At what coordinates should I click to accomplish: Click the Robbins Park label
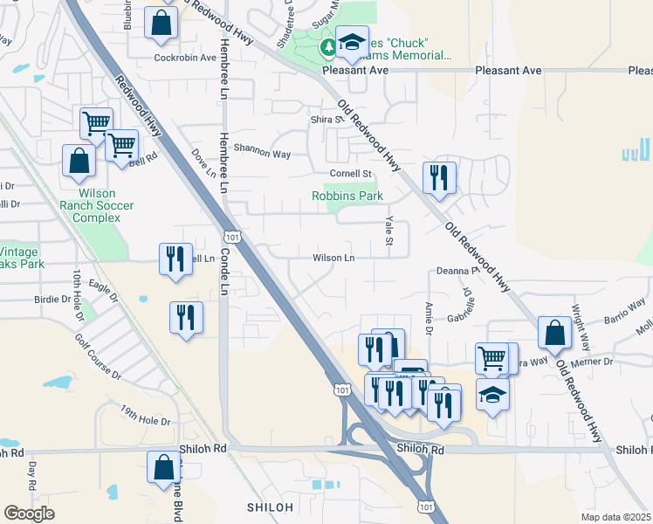click(x=347, y=196)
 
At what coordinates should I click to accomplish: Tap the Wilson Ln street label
click(x=334, y=258)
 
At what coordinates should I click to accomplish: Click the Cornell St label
click(x=350, y=173)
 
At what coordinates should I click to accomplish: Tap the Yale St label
click(x=389, y=231)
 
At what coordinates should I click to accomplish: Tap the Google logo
click(x=30, y=513)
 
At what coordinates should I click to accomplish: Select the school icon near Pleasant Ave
click(x=352, y=42)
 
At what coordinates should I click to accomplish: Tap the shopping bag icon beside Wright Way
click(x=555, y=333)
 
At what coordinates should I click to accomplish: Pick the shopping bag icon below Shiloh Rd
click(x=163, y=467)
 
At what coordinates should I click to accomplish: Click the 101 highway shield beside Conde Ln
click(x=231, y=237)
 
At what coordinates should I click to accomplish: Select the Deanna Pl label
click(x=454, y=272)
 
